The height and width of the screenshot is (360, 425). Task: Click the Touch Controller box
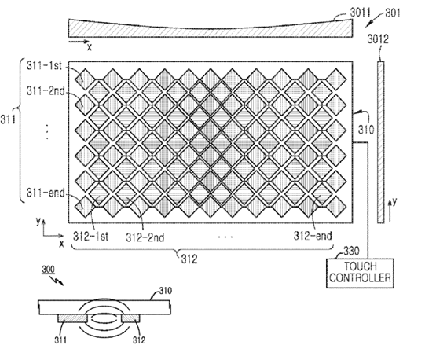(360, 273)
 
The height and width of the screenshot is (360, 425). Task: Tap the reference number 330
(351, 251)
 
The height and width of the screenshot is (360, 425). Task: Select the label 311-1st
(44, 66)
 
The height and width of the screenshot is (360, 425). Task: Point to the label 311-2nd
(46, 91)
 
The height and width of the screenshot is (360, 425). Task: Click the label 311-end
(46, 193)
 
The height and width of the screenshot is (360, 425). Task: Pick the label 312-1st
(90, 237)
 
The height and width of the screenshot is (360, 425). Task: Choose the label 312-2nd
(145, 237)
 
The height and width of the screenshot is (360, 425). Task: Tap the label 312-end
(313, 236)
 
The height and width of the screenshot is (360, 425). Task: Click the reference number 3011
(360, 13)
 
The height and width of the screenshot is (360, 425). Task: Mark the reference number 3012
(378, 39)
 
